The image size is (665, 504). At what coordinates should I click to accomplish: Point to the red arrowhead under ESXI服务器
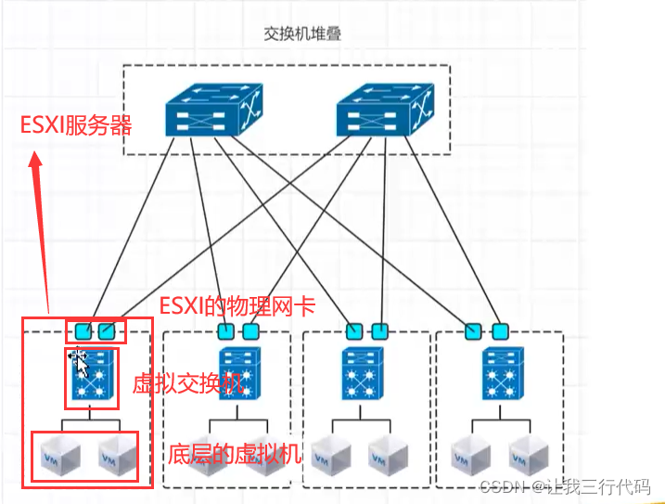pos(36,163)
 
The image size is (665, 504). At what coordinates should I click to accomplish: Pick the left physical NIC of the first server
pos(83,330)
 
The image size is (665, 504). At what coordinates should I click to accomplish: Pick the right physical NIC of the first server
pos(108,330)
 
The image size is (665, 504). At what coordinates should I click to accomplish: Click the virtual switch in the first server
pos(92,375)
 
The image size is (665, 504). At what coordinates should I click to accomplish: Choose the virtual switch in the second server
pos(237,374)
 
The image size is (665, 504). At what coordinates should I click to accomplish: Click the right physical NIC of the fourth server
pos(501,330)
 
